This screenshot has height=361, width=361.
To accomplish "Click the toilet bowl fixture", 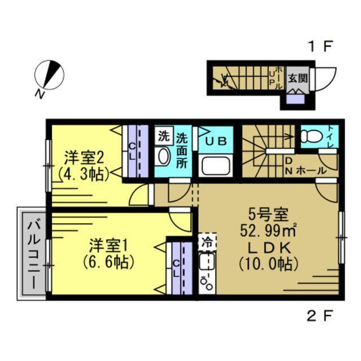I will tap(310, 137).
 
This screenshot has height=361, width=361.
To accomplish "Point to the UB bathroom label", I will tap(215, 141).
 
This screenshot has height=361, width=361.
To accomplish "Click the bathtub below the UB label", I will tap(215, 166).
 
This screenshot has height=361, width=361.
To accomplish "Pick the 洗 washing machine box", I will tap(163, 135).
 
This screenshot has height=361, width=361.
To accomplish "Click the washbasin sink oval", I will tap(163, 156).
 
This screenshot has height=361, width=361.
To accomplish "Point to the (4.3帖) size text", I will tap(81, 174).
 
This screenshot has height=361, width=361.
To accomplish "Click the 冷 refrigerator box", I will tap(206, 243).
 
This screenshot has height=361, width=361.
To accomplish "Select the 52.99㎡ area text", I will tap(268, 231).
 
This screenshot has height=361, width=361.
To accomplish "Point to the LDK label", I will tap(268, 247).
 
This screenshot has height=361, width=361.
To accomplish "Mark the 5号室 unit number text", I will tap(268, 215).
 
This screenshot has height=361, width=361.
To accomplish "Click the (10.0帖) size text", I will tap(268, 263).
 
